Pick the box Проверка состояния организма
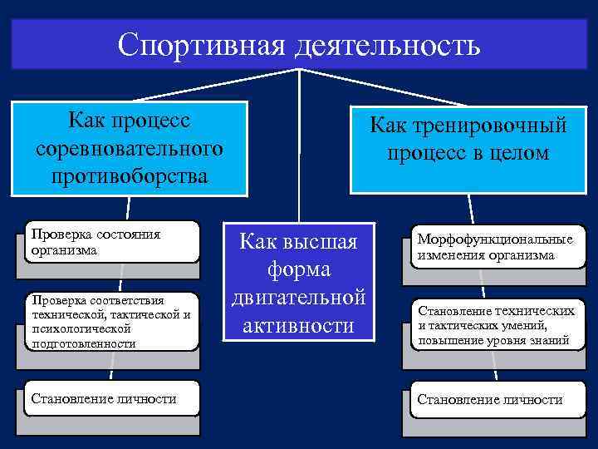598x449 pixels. pyautogui.click(x=112, y=241)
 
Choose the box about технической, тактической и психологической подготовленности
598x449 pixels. pyautogui.click(x=112, y=321)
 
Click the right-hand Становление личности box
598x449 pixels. pyautogui.click(x=490, y=400)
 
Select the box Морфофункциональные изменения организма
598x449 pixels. pyautogui.click(x=495, y=248)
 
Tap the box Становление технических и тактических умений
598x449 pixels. pyautogui.click(x=495, y=325)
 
